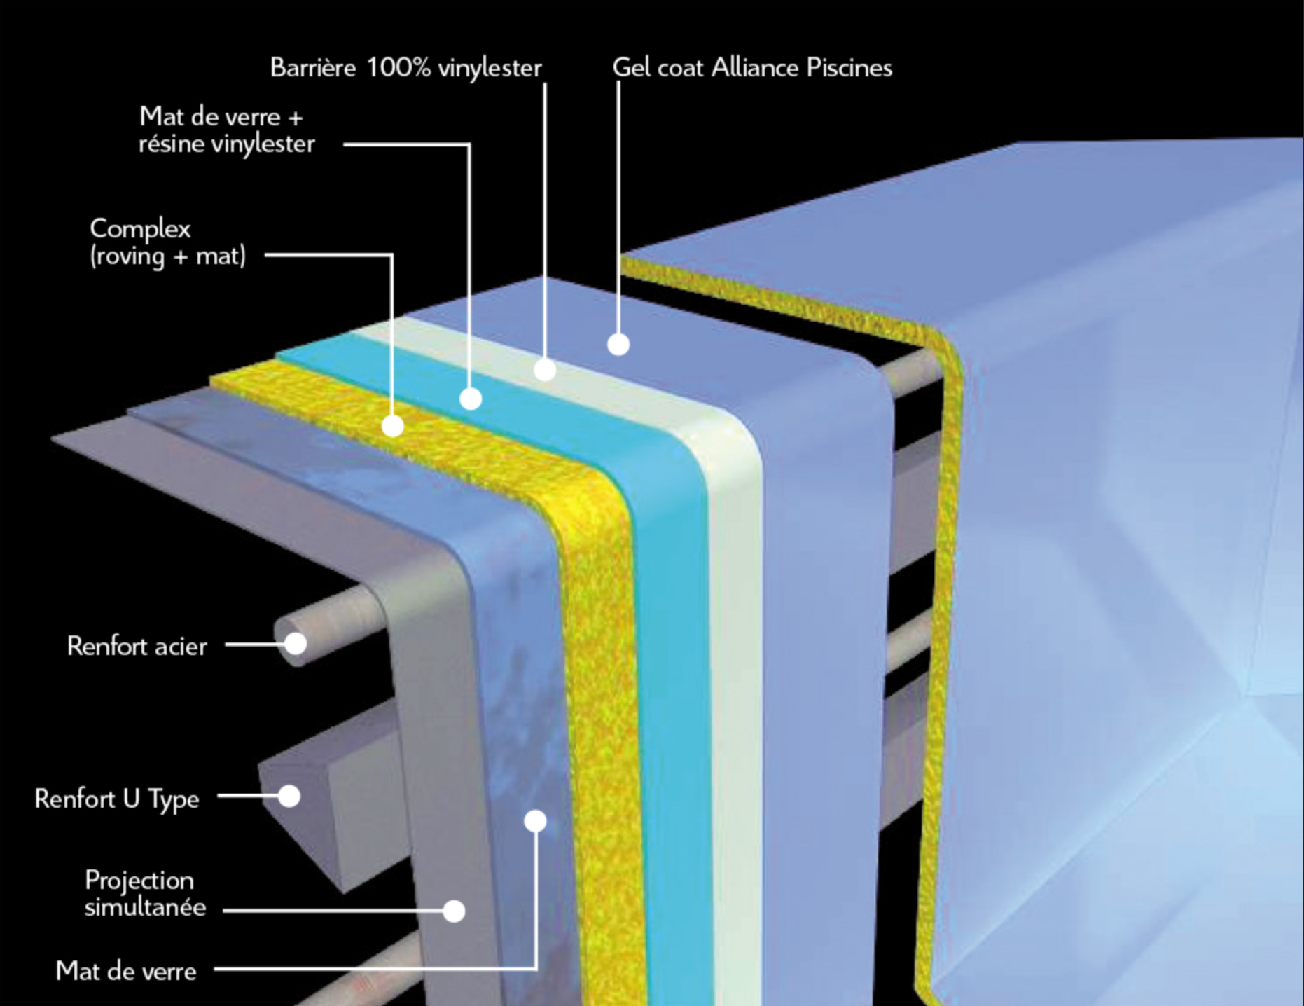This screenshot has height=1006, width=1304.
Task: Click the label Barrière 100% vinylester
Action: (x=405, y=68)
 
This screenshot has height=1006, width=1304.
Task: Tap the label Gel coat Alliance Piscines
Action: (x=752, y=68)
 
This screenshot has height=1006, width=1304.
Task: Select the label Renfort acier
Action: (x=137, y=646)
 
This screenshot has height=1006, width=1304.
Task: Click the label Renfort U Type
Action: (x=117, y=799)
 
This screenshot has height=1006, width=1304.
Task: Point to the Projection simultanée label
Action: (x=145, y=893)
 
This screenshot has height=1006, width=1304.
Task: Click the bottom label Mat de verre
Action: (x=126, y=971)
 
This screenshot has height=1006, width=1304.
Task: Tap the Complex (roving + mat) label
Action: (x=167, y=242)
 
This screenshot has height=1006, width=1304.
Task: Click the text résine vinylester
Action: (x=227, y=144)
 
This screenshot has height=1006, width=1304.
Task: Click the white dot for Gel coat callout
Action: (x=618, y=344)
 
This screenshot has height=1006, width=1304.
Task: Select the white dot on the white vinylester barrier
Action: (x=545, y=369)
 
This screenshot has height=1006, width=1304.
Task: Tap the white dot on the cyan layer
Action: (x=471, y=399)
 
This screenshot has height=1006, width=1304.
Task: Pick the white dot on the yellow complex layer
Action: (x=393, y=425)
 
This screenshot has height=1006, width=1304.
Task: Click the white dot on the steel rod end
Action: (x=296, y=642)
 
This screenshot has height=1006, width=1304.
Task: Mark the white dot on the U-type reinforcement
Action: (x=289, y=796)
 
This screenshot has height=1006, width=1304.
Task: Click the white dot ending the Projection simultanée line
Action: (x=454, y=911)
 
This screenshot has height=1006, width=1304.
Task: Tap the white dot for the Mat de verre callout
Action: (x=535, y=820)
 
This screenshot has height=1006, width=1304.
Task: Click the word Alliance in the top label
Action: (x=755, y=68)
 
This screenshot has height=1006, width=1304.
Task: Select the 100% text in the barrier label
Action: (x=398, y=68)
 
